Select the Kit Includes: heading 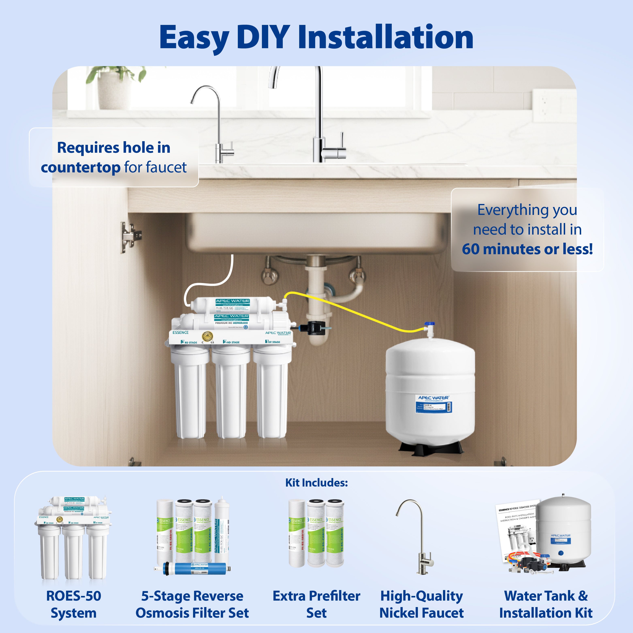pyautogui.click(x=316, y=483)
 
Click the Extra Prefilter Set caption pyautogui.click(x=316, y=604)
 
